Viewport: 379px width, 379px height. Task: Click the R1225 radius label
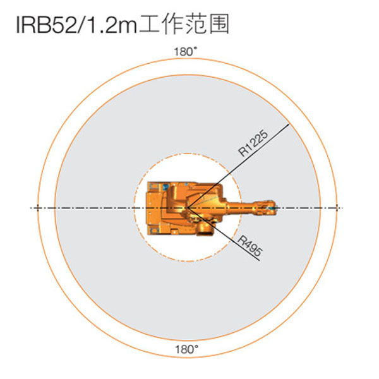(x=253, y=143)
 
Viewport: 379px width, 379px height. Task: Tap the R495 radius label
(x=250, y=246)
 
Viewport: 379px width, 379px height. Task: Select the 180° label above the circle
(x=186, y=52)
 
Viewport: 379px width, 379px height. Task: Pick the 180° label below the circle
(x=186, y=349)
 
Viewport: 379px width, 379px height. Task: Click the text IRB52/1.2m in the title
(x=76, y=25)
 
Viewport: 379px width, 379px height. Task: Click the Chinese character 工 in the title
(x=149, y=24)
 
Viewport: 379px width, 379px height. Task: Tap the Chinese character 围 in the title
(x=219, y=24)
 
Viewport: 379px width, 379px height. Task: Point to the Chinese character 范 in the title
(x=196, y=24)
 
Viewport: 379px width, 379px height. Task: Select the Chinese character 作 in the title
(x=172, y=24)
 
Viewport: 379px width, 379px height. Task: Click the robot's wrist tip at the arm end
(x=274, y=208)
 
